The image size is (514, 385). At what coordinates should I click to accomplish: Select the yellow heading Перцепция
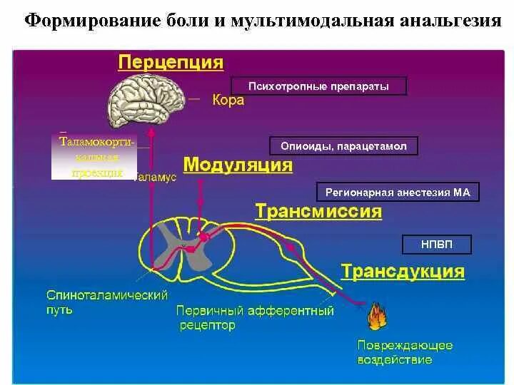click(171, 62)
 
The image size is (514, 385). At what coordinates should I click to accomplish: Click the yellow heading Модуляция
click(238, 165)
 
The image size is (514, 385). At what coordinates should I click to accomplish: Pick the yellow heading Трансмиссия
click(318, 211)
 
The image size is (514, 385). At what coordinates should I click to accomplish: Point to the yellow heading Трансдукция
click(403, 272)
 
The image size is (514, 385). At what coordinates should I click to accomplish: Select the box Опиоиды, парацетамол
click(343, 146)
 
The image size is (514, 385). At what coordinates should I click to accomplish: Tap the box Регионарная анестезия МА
click(398, 192)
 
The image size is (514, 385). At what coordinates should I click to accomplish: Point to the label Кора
click(228, 101)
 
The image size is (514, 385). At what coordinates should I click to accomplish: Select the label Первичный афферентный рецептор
click(255, 318)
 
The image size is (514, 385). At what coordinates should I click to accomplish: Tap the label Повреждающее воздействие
click(405, 352)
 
